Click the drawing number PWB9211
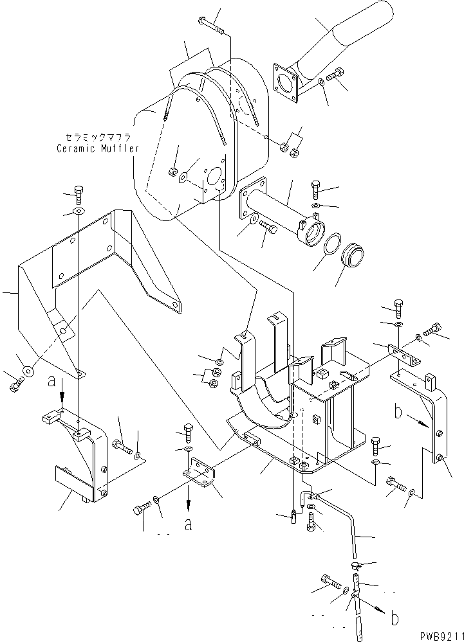click(434, 634)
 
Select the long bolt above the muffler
click(212, 26)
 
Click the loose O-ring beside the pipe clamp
click(333, 246)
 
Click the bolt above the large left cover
click(77, 192)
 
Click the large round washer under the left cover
click(28, 371)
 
